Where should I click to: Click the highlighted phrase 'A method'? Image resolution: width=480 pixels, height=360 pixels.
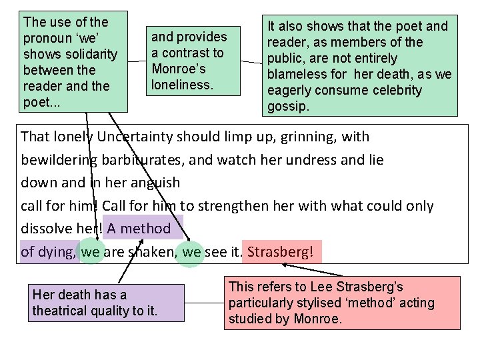click(x=139, y=229)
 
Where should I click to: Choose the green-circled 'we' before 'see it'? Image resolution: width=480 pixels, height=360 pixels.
click(x=191, y=253)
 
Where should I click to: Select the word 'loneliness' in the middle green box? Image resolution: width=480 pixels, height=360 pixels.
click(x=182, y=85)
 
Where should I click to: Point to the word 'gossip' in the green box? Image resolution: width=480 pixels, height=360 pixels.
click(x=288, y=106)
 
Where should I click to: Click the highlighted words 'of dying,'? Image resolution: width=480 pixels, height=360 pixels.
click(x=49, y=253)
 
